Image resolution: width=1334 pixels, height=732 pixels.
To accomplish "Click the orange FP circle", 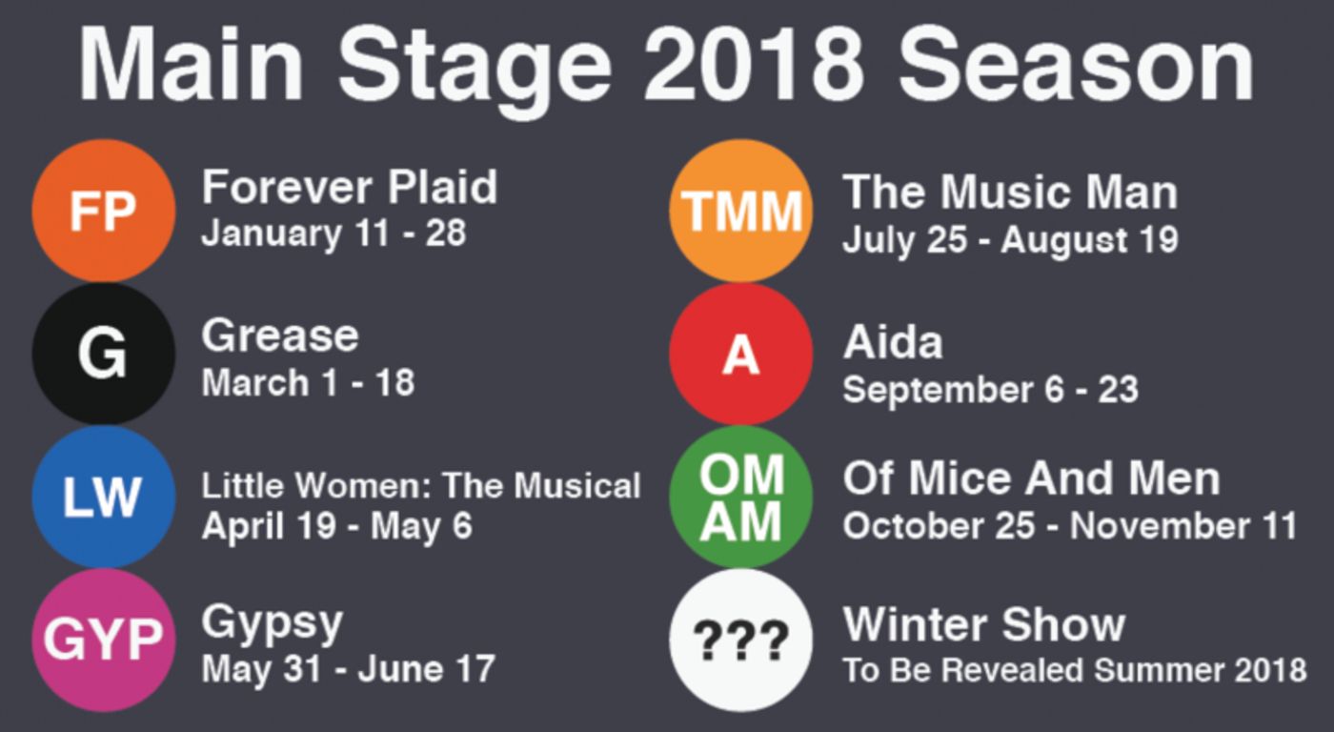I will tap(103, 211).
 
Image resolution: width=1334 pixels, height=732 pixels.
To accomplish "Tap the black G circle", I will tap(103, 354).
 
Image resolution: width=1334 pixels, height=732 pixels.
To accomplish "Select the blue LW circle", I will tap(103, 497).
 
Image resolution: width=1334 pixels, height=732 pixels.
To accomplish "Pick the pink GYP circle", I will tap(103, 640).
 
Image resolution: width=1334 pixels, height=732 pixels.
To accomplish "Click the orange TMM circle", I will tap(740, 211).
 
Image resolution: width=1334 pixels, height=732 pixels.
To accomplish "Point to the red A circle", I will tap(740, 354).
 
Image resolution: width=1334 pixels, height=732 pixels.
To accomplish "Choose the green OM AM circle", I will tap(740, 497).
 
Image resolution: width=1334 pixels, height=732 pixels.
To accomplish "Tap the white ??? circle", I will tap(740, 640).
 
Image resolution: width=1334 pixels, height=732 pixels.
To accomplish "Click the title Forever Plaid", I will tap(349, 187).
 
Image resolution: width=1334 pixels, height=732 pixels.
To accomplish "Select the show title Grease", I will tap(280, 335).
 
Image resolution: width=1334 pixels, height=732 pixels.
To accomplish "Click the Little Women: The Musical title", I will tap(420, 486).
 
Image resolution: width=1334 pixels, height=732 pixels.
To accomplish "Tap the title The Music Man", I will tap(1010, 193).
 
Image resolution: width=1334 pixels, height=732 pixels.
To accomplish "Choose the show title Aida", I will tap(893, 342).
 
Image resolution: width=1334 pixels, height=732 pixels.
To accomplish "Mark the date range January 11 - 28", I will tap(333, 234).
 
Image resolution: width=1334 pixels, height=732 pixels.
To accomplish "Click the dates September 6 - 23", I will tap(990, 390).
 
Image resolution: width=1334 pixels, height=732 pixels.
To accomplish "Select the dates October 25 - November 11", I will tap(1069, 526).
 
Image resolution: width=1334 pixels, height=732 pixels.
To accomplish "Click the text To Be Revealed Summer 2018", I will tap(1074, 670).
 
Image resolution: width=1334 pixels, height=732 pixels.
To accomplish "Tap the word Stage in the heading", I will tap(474, 65).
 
